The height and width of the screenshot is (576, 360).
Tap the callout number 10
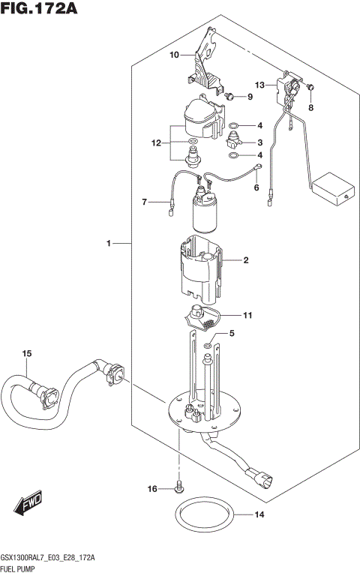pos(174,55)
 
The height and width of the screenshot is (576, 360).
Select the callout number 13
pos(259,85)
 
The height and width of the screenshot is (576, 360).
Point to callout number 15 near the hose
pos(26,353)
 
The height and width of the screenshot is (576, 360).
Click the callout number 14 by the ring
pos(259,514)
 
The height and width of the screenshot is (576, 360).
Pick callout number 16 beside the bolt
pos(152,489)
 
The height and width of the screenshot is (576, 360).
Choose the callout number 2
pos(244,261)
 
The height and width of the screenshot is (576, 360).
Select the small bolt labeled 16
pos(178,487)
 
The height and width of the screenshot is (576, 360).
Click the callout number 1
pos(109,243)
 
